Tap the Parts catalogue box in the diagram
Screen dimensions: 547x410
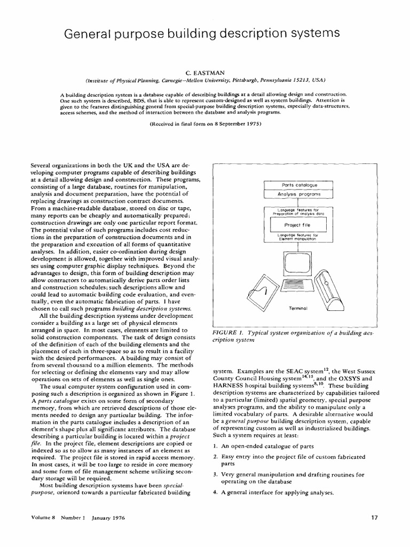point(299,185)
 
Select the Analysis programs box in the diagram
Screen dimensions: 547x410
point(299,195)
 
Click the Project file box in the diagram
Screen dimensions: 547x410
point(299,225)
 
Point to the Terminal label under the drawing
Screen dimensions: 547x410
point(298,308)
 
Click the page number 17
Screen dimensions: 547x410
point(374,532)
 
